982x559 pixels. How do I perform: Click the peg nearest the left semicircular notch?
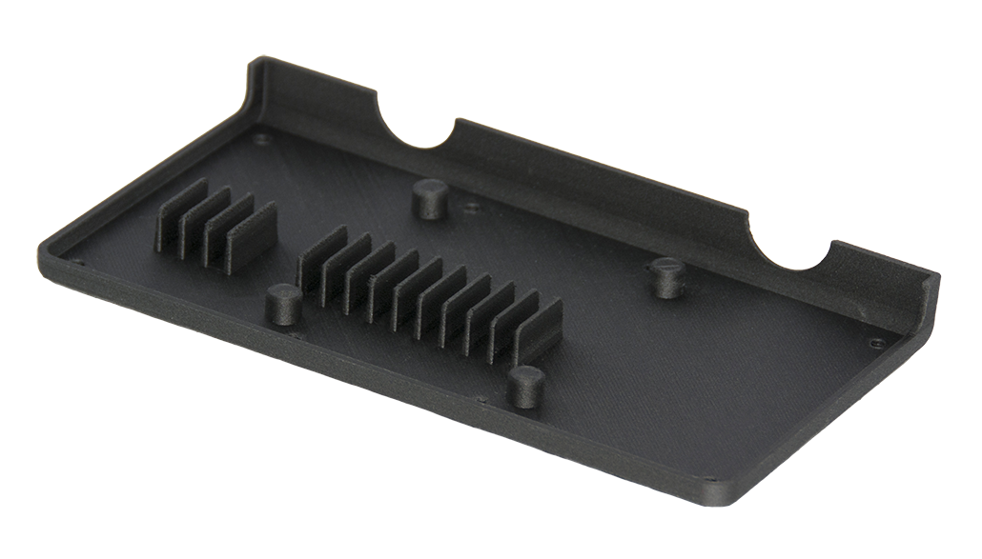click(430, 198)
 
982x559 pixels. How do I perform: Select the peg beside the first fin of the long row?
click(283, 304)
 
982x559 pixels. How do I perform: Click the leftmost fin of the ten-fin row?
click(319, 258)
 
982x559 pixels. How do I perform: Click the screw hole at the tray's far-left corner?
click(78, 263)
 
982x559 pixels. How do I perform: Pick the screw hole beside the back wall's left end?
click(263, 139)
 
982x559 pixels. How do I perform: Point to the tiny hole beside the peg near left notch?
click(469, 205)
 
